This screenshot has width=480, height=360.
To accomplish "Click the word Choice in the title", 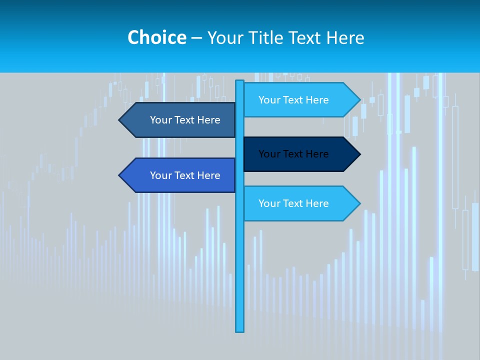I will pyautogui.click(x=156, y=37).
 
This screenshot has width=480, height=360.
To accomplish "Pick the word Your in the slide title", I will pyautogui.click(x=224, y=37).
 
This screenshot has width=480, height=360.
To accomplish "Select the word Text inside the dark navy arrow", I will pyautogui.click(x=293, y=154).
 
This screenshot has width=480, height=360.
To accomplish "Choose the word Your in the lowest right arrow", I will pyautogui.click(x=269, y=203).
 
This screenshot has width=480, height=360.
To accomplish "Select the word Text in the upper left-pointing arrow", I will pyautogui.click(x=185, y=120).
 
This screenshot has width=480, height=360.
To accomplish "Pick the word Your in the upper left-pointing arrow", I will pyautogui.click(x=160, y=120).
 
